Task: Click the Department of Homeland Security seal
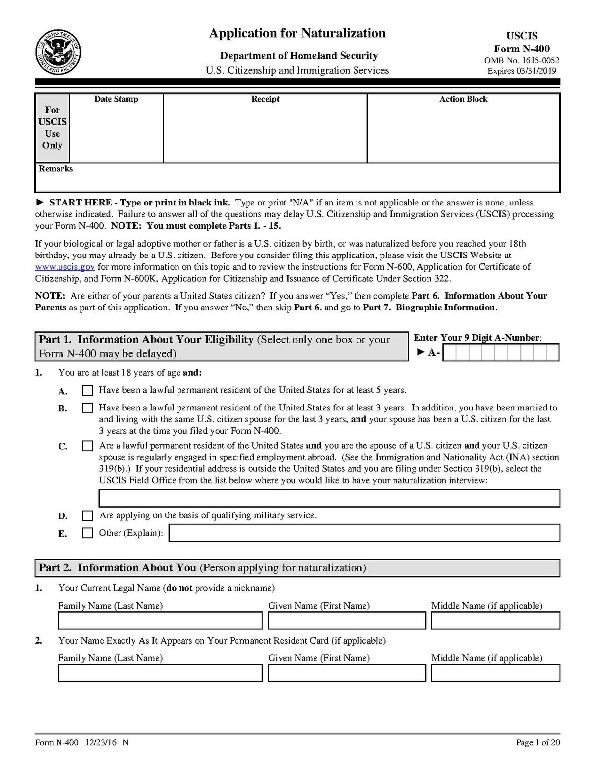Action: tap(59, 52)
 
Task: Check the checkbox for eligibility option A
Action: tap(88, 390)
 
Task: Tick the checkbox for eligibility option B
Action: tap(88, 408)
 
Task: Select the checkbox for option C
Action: tap(88, 446)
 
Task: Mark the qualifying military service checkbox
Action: tap(88, 515)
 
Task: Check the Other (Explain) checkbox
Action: tap(88, 533)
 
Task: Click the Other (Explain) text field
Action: tap(364, 533)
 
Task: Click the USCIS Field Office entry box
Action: tap(329, 498)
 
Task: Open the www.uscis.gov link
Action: tap(64, 267)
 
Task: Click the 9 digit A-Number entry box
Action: tap(501, 353)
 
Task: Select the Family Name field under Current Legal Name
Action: tap(160, 620)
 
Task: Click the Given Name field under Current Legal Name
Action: tap(347, 620)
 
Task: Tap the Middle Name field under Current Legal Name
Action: tap(495, 620)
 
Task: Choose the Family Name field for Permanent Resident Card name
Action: tap(160, 673)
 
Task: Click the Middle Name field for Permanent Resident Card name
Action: tap(495, 673)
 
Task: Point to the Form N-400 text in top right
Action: tap(522, 49)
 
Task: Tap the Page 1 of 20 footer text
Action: tap(538, 742)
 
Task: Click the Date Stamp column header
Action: tap(116, 99)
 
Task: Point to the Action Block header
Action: tap(463, 99)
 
